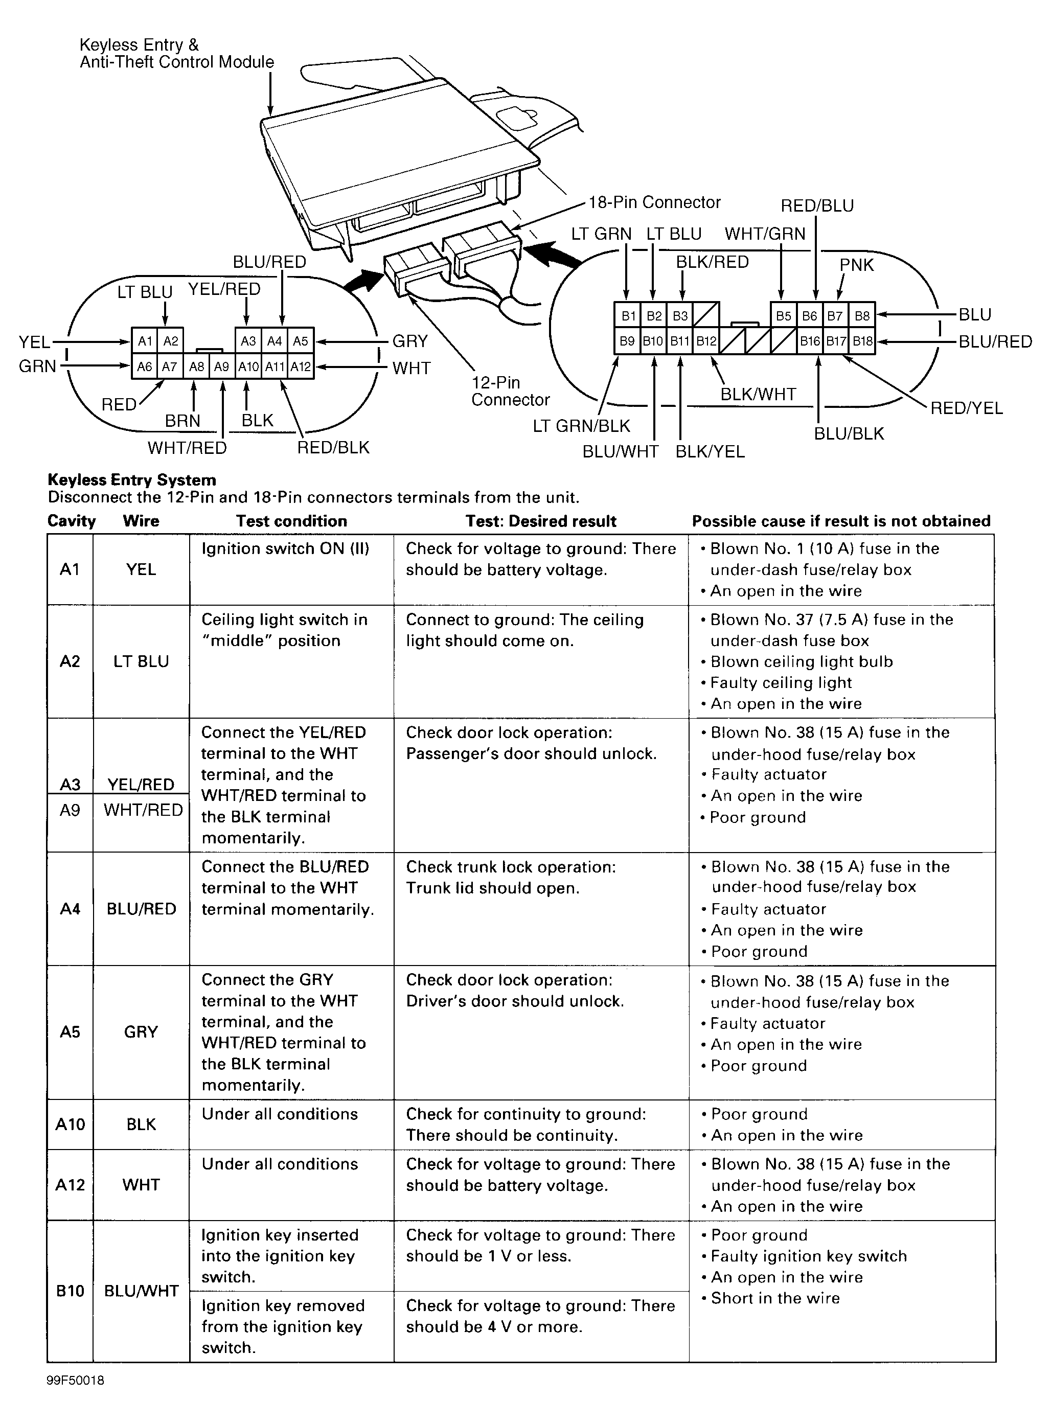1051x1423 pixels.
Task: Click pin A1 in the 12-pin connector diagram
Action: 145,341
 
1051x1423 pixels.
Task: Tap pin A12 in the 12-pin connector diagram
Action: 300,367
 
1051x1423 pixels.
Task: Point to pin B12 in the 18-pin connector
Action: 705,341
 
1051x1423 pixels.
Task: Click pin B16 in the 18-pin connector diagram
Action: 809,341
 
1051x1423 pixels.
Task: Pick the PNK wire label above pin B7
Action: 856,265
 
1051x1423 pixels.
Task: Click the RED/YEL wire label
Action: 966,408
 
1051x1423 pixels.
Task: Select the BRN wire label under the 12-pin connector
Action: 182,421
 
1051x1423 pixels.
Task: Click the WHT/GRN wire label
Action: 765,234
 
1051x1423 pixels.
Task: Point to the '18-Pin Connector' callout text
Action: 655,202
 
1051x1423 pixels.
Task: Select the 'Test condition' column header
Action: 291,521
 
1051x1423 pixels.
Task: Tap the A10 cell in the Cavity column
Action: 70,1124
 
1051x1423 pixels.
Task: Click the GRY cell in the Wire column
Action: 141,1032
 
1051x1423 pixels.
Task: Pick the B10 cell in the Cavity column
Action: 70,1291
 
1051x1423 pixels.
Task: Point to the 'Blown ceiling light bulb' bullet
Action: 801,661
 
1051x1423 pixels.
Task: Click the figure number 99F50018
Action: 75,1381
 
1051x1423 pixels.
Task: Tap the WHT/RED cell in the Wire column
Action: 143,810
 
